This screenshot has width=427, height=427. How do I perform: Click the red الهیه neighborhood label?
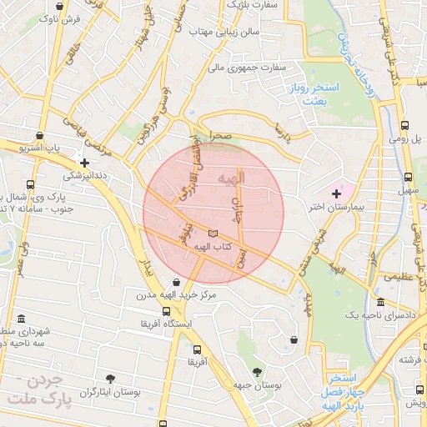[231, 178]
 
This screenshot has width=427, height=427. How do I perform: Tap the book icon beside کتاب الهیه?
[213, 234]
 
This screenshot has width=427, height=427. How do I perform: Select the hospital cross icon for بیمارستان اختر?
[336, 193]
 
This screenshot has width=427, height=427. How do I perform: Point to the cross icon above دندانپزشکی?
[84, 163]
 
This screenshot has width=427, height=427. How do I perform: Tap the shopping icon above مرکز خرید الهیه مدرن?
[175, 282]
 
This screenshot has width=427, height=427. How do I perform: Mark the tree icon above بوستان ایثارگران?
[110, 379]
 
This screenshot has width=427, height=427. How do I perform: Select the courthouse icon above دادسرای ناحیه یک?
[380, 302]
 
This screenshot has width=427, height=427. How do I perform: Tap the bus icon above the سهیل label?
[408, 177]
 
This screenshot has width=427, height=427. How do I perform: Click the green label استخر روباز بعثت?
[314, 93]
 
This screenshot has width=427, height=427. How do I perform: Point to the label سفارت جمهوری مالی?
[246, 67]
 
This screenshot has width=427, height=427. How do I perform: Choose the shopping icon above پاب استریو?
[39, 135]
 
